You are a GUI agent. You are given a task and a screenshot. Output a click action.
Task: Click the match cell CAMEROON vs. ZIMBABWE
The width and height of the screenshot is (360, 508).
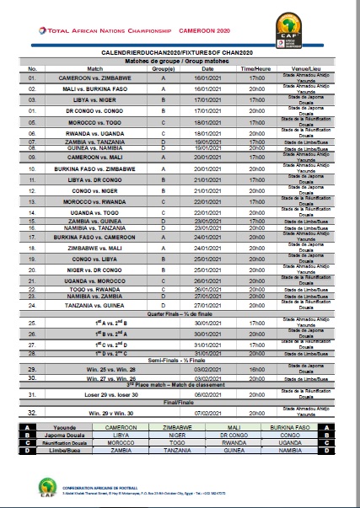coord(95,76)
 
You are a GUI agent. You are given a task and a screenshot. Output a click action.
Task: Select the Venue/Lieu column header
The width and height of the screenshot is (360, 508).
coord(308,68)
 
